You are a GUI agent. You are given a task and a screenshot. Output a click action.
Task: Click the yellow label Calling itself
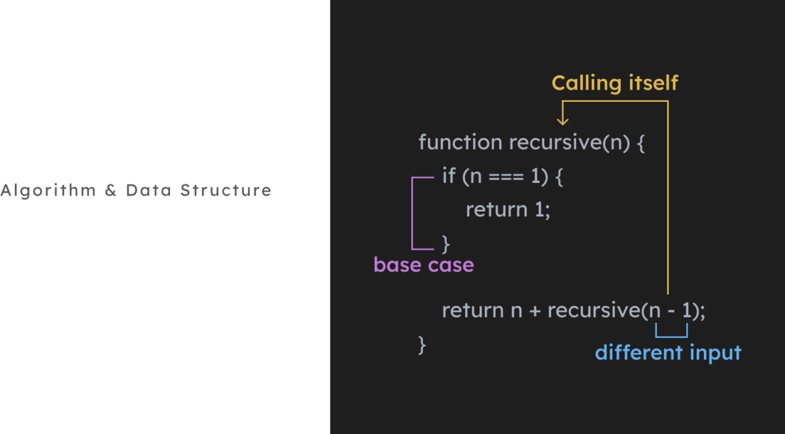614,83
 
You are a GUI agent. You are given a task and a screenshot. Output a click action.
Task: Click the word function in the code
461,142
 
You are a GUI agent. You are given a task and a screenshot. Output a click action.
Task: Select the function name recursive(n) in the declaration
569,142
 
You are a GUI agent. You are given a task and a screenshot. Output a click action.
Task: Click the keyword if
449,176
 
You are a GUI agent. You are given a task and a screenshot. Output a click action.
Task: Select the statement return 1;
508,210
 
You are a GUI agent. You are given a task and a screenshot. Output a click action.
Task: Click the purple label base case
423,265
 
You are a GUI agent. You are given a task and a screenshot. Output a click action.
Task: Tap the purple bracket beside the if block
413,213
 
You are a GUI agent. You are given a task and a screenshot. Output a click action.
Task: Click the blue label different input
668,353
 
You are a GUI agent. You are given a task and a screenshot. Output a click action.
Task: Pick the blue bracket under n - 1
671,335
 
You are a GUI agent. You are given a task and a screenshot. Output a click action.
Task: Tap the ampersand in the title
109,191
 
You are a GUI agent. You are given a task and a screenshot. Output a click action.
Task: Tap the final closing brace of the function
423,344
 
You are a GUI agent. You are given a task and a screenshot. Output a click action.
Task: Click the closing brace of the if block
446,244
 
